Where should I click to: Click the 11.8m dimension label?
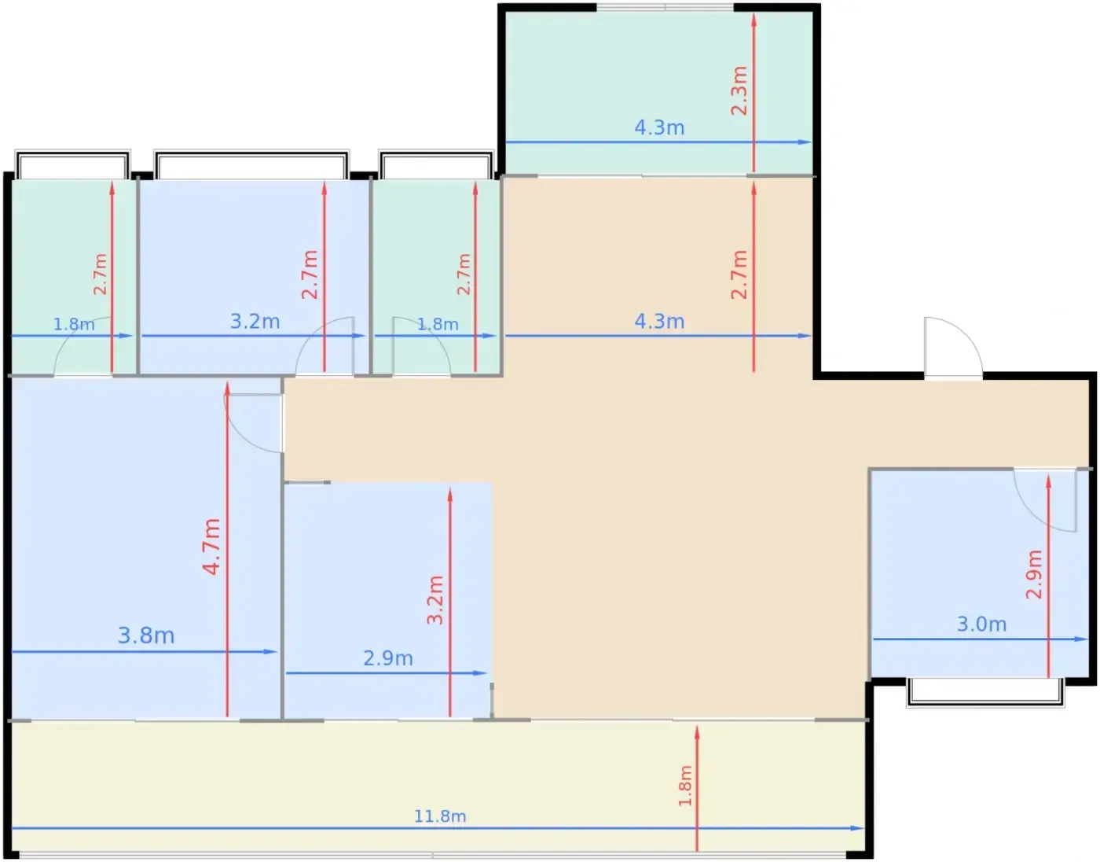(x=440, y=816)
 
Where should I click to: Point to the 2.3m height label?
(x=739, y=90)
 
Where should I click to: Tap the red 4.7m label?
(x=211, y=547)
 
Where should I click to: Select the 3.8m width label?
(x=146, y=635)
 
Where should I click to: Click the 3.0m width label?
(x=981, y=624)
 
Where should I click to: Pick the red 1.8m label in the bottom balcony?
(x=684, y=786)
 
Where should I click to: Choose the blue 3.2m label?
(x=255, y=322)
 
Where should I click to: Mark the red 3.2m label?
(x=434, y=600)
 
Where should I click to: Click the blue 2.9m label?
(x=388, y=658)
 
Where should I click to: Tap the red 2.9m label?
(x=1034, y=574)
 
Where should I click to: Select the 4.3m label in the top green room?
(x=659, y=127)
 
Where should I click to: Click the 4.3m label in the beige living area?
(x=659, y=322)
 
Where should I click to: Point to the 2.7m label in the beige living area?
(x=739, y=274)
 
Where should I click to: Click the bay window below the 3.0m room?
(x=985, y=692)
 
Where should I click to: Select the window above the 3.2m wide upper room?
(x=251, y=164)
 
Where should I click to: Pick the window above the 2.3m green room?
(x=665, y=7)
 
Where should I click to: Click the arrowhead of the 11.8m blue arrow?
(x=857, y=828)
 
